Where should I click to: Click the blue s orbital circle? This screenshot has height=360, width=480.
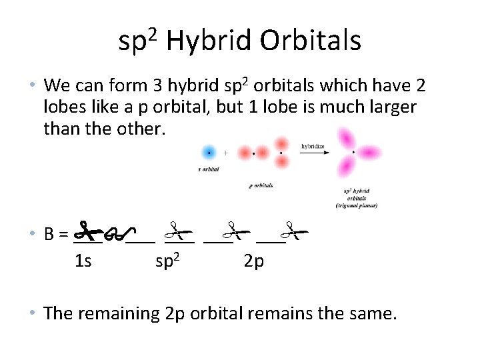(x=209, y=153)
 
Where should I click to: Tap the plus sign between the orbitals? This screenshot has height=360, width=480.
(x=226, y=153)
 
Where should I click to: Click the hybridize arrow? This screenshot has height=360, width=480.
(x=313, y=153)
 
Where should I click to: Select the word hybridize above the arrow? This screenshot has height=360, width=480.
(x=313, y=145)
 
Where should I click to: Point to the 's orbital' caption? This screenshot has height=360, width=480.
(x=209, y=169)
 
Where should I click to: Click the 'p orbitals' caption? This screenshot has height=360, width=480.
(x=261, y=185)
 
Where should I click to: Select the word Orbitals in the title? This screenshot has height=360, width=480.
(x=311, y=41)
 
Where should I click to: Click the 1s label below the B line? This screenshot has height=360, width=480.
(x=83, y=261)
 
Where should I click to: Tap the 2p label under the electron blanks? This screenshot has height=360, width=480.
(x=253, y=261)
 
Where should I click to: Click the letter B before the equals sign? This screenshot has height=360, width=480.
(x=49, y=235)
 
